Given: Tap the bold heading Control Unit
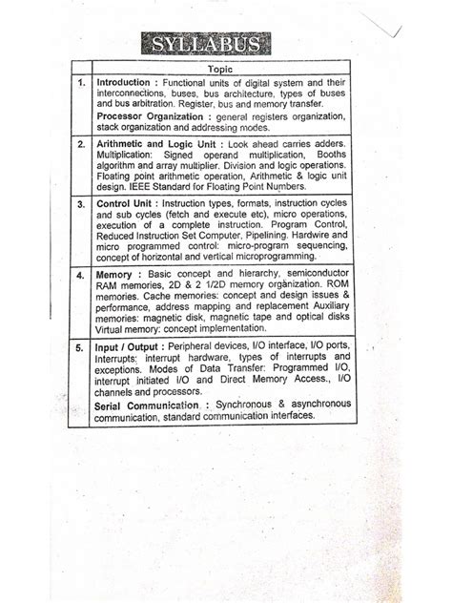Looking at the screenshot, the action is pos(129,204).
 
